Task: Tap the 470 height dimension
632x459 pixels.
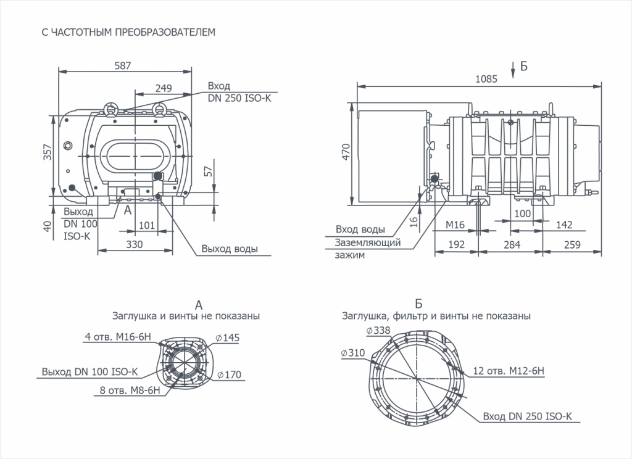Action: pos(346,152)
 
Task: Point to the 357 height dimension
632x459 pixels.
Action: pos(48,153)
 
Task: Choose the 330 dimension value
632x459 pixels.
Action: pos(134,244)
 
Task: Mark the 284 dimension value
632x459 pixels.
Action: pos(511,244)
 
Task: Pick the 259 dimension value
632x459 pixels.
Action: pos(572,244)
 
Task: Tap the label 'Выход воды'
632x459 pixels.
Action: pos(229,249)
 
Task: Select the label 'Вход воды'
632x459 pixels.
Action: pos(361,229)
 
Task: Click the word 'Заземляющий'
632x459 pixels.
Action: pos(368,242)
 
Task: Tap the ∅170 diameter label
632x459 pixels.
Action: pos(229,374)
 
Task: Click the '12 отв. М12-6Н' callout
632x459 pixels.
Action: pos(509,371)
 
